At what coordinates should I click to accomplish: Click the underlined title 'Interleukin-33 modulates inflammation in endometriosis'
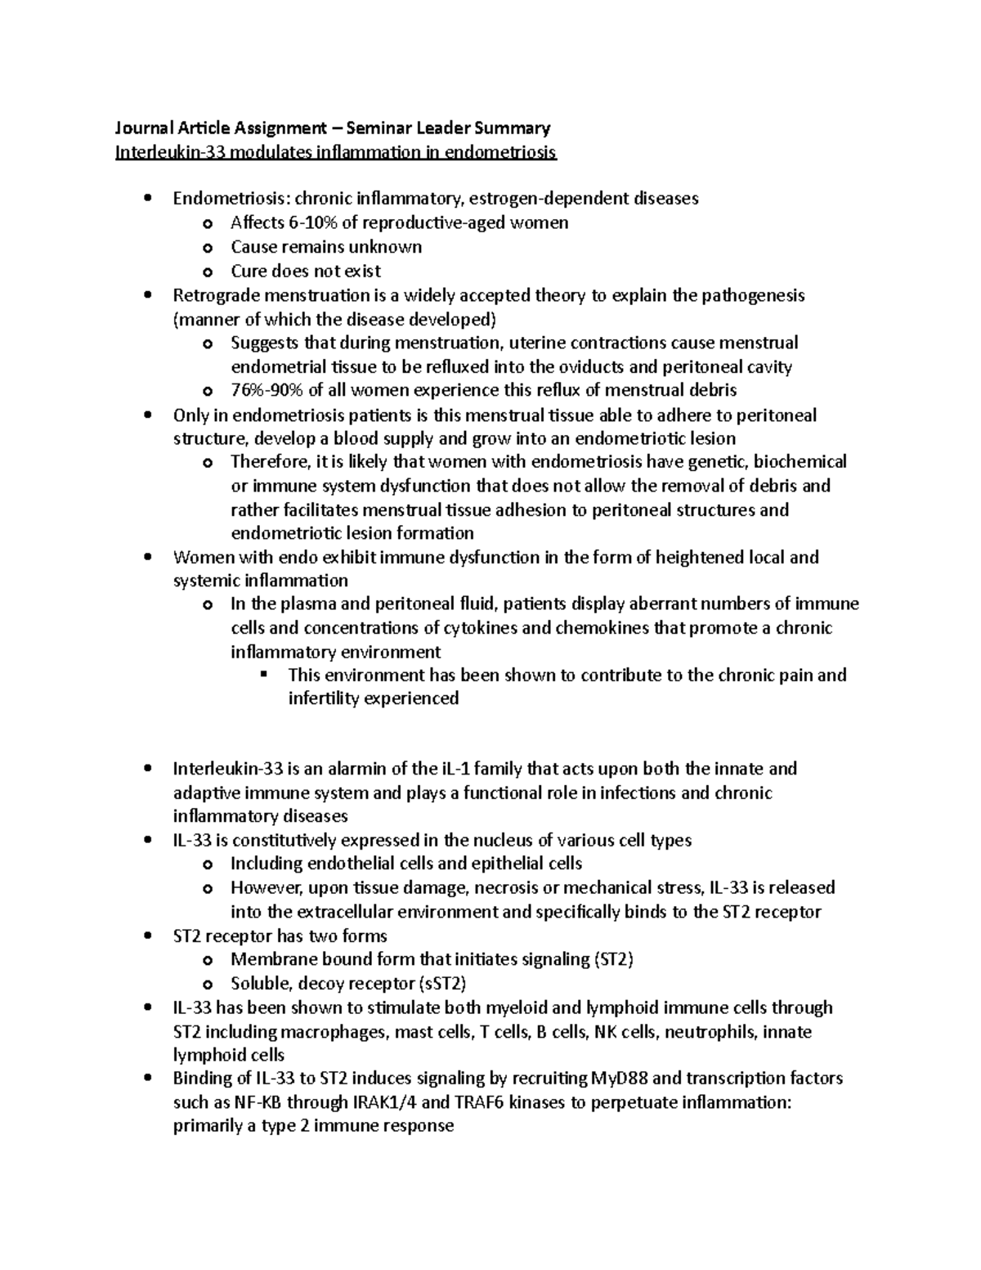(x=336, y=152)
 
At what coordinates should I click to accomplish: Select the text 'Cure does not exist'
(x=306, y=271)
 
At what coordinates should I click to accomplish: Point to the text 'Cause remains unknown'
(x=326, y=247)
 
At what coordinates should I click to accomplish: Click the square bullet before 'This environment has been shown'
(x=263, y=675)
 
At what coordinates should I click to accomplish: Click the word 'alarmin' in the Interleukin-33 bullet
(x=337, y=769)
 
